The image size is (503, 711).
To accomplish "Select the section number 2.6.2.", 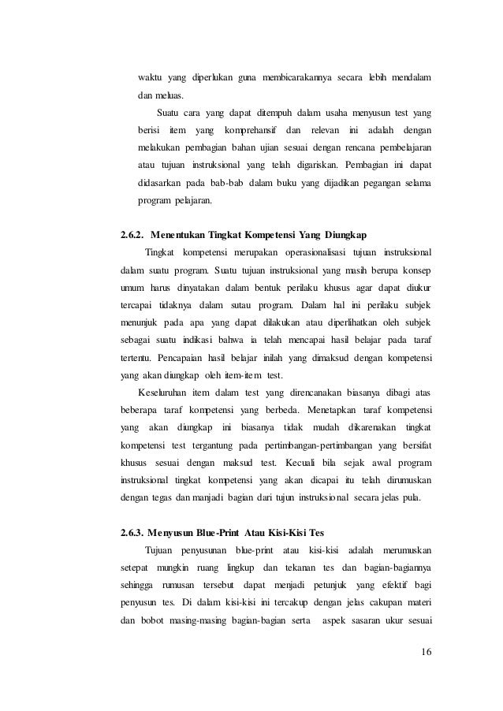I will point(131,234).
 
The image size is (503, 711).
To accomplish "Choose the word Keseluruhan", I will point(168,392).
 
